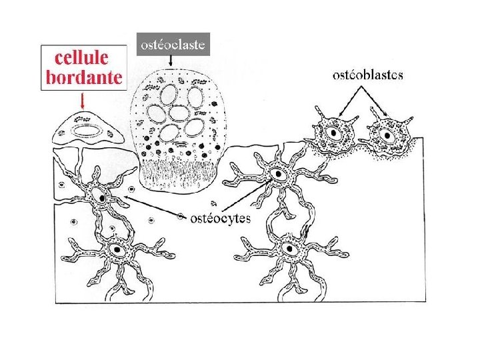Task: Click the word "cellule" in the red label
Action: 83,57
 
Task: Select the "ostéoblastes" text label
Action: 368,75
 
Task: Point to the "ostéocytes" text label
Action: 221,218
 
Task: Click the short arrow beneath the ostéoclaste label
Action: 172,61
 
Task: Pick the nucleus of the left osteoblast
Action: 331,133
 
